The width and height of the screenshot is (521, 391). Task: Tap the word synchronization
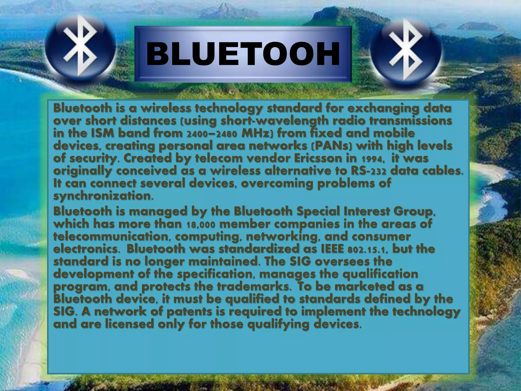click(x=103, y=196)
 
